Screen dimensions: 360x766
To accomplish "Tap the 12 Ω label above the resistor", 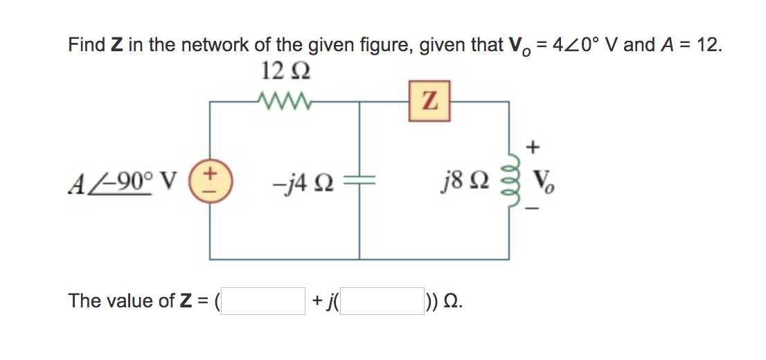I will [x=284, y=72].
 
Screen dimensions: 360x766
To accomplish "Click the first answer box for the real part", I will [x=263, y=301].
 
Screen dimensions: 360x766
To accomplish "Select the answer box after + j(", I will [x=383, y=301].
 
